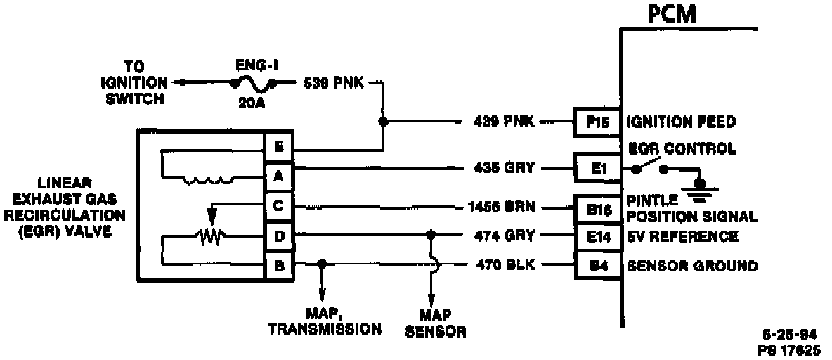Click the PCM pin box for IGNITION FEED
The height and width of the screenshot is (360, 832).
[596, 122]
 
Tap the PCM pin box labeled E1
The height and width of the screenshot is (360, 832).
[596, 169]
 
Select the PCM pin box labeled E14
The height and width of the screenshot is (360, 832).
[596, 236]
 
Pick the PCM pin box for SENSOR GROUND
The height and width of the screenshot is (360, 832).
[596, 266]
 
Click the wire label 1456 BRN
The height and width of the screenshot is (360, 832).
[501, 207]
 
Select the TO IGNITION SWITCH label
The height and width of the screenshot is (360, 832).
[134, 83]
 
